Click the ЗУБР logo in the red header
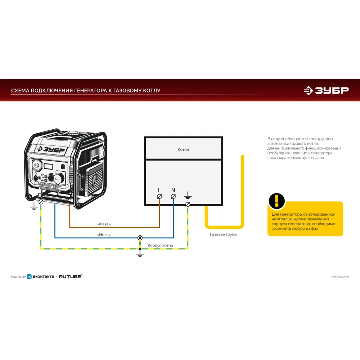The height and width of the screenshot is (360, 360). tap(326, 91)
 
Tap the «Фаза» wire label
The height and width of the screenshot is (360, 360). tap(104, 224)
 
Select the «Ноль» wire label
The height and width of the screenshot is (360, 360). tap(104, 235)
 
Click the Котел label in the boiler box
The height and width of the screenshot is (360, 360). tap(183, 149)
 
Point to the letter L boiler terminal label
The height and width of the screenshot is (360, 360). tap(159, 190)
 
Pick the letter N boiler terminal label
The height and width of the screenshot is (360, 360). tap(173, 190)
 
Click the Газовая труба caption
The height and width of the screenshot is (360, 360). tap(223, 234)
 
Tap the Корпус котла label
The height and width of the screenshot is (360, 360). tap(160, 246)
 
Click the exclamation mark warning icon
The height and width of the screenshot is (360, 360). tap(277, 201)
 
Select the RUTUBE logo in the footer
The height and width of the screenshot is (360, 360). tap(71, 276)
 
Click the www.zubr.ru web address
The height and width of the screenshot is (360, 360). tap(340, 276)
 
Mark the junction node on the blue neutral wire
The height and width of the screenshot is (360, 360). tap(140, 238)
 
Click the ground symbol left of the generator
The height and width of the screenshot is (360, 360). tap(34, 206)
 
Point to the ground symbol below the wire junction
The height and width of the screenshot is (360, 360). tap(140, 254)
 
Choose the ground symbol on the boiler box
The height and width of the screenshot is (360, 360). tap(188, 196)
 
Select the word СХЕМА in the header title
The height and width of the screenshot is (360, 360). tap(20, 91)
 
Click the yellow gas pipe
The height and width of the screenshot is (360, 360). tap(242, 191)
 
